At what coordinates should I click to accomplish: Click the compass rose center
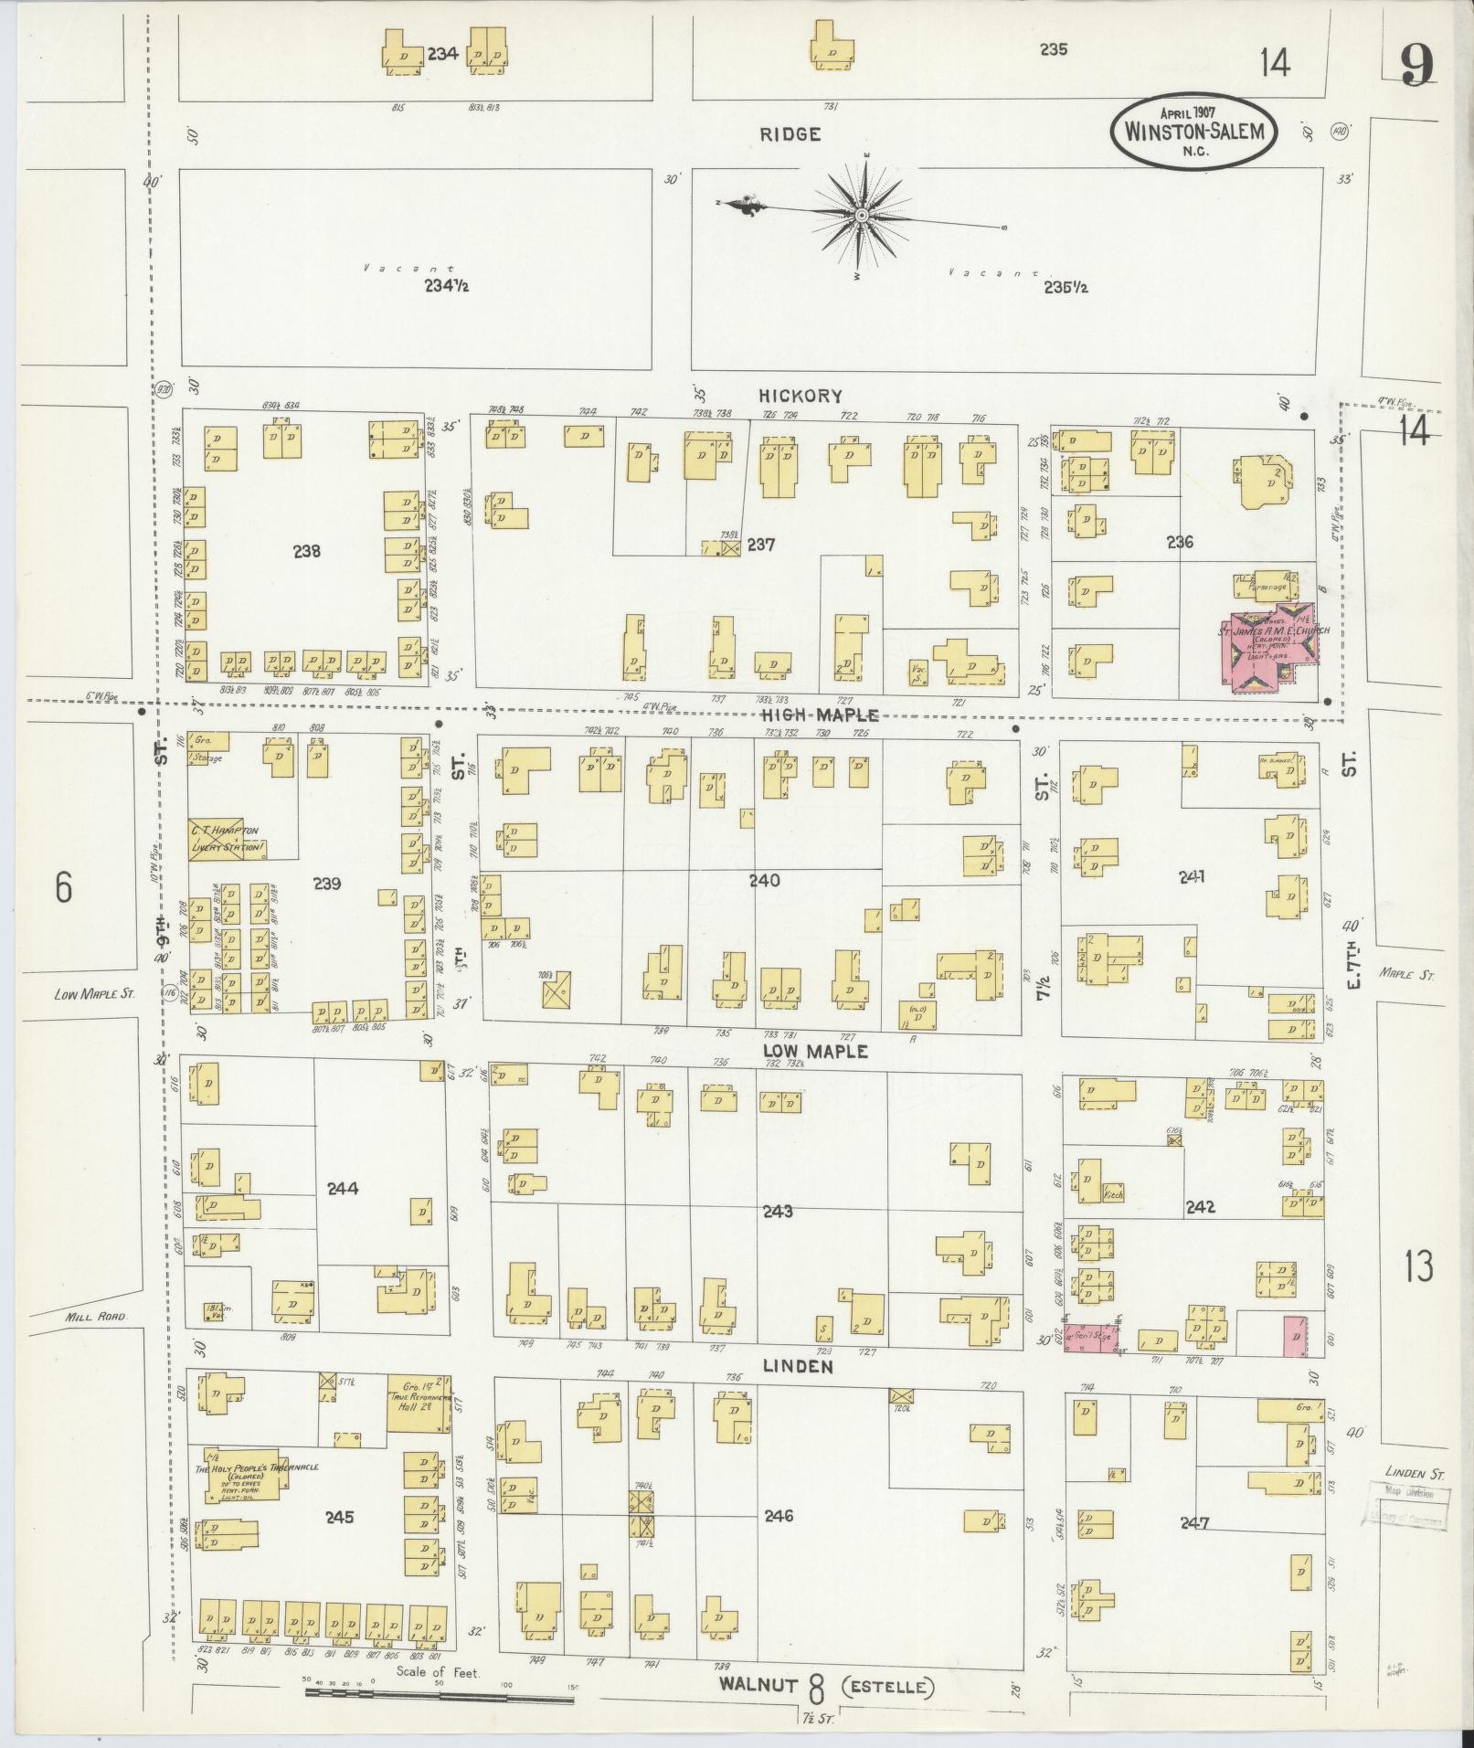(861, 216)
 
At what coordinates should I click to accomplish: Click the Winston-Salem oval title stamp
(1193, 131)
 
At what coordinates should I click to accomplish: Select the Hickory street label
(799, 396)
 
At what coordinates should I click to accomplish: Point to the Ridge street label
(790, 134)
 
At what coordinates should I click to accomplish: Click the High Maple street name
(820, 715)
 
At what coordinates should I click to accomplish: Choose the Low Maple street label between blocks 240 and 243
(816, 1052)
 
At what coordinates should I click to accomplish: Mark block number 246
(778, 1516)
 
